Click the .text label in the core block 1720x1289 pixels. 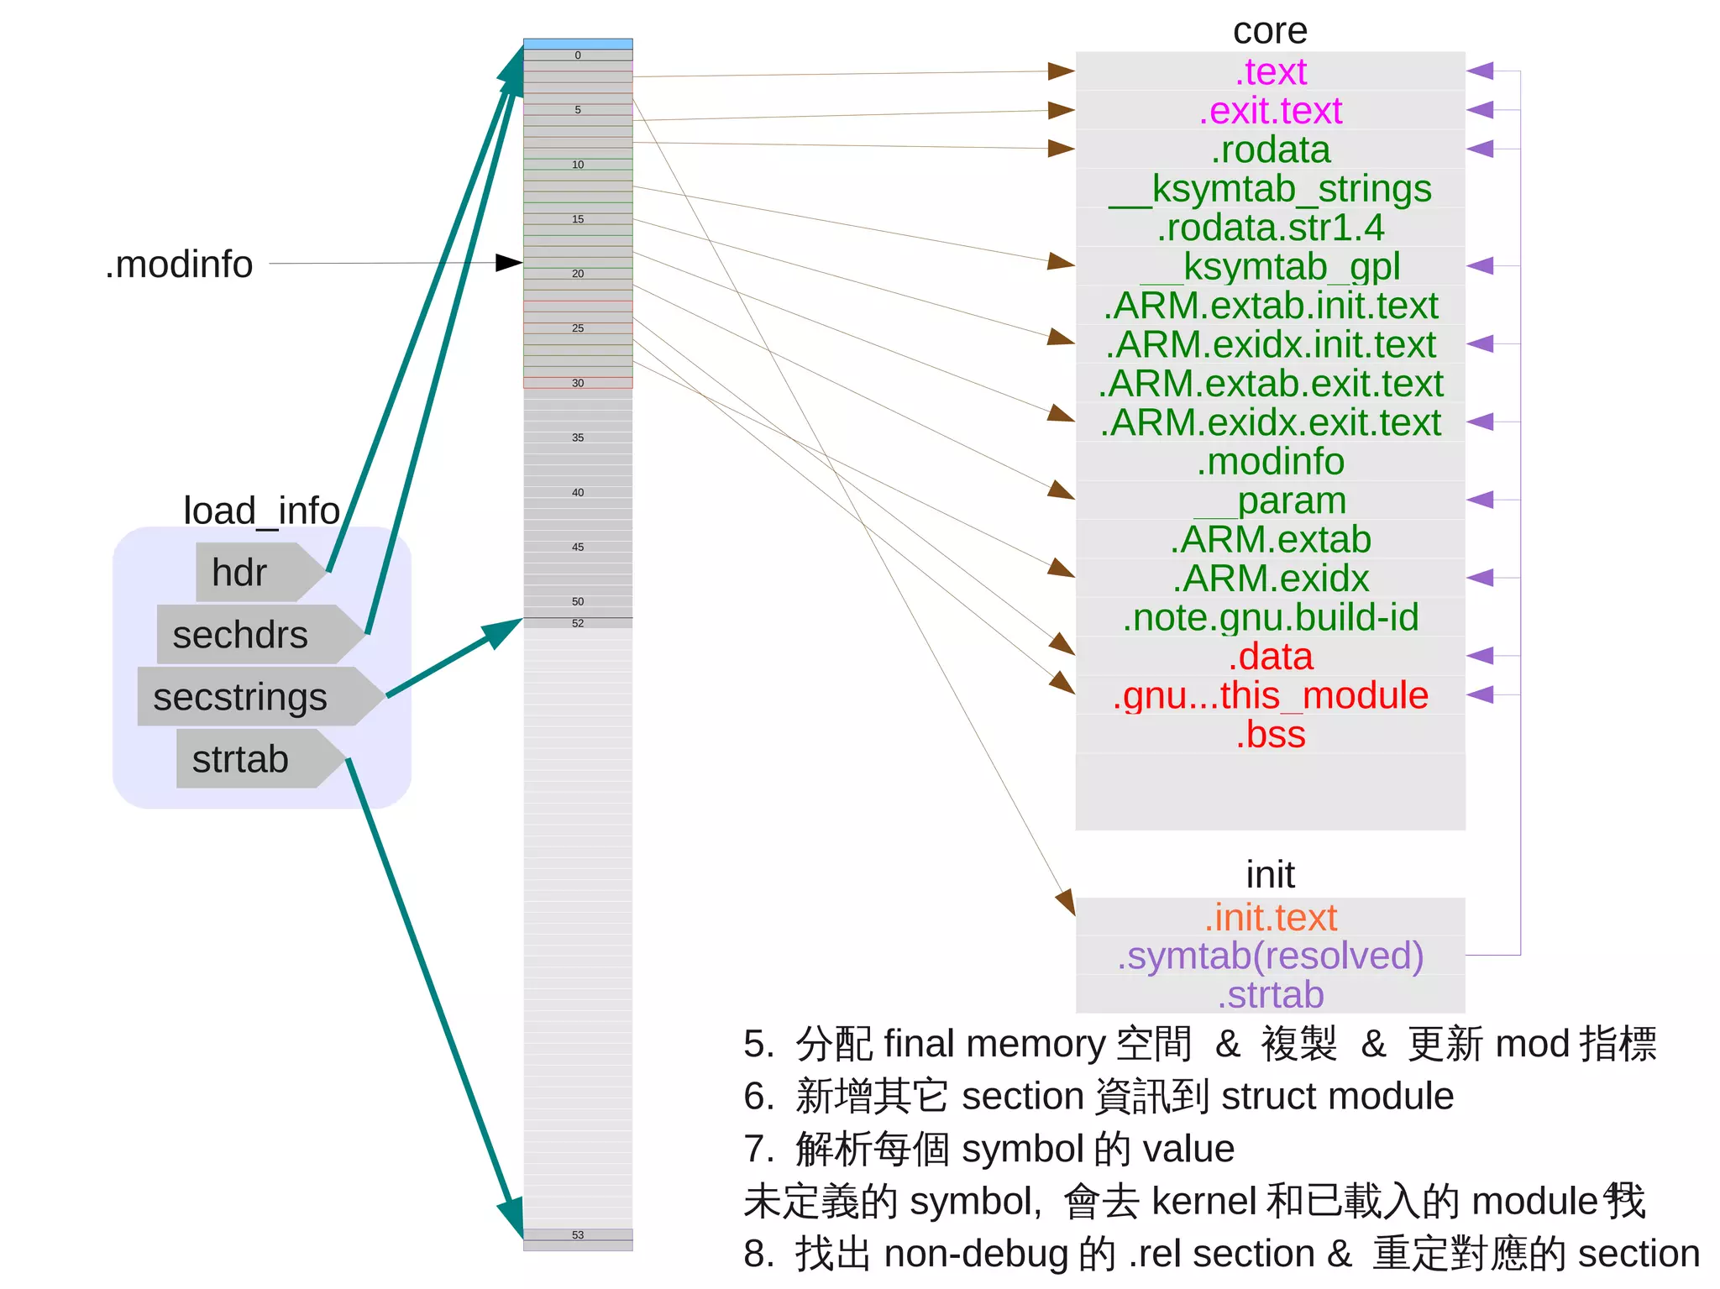(x=1270, y=72)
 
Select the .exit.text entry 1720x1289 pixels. (x=1270, y=111)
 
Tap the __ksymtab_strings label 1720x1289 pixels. (x=1270, y=189)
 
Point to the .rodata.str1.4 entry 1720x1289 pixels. (x=1270, y=228)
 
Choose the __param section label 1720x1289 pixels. (x=1270, y=500)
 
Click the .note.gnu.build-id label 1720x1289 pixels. (x=1270, y=617)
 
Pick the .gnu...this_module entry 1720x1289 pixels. (x=1270, y=695)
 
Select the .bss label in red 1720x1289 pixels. (x=1270, y=735)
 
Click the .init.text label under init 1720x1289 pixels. (x=1270, y=917)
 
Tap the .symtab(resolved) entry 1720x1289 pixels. (x=1270, y=956)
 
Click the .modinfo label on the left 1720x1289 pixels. (x=179, y=265)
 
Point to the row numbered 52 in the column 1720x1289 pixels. (x=578, y=623)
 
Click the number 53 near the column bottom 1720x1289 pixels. (x=578, y=1235)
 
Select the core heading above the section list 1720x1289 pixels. (x=1270, y=32)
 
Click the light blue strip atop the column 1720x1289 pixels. (x=578, y=44)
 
